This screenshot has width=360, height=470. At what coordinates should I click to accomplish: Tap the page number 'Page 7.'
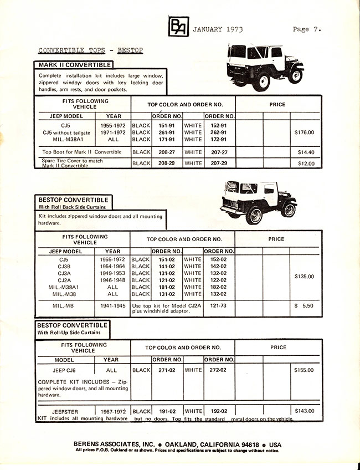point(307,29)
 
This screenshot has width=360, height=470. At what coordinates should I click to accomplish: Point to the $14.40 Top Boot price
point(305,152)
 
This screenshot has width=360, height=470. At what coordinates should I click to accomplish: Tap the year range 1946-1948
point(113,280)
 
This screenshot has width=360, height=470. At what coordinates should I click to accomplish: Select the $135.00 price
point(304,277)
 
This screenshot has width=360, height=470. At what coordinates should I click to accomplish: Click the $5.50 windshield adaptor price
point(304,305)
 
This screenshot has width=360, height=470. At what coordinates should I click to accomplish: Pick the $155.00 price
point(304,370)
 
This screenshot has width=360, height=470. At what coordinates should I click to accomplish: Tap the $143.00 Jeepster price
point(304,411)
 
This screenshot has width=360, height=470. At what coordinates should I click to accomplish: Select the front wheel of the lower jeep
point(288,210)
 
